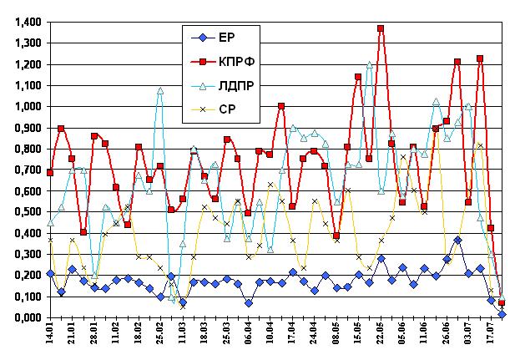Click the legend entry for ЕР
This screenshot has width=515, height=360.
click(x=226, y=38)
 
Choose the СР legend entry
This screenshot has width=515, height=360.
click(x=226, y=108)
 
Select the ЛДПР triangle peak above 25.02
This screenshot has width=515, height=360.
click(x=160, y=90)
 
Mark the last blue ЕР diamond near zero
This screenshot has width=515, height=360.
click(x=502, y=314)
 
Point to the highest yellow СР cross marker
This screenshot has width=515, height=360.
click(x=480, y=146)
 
